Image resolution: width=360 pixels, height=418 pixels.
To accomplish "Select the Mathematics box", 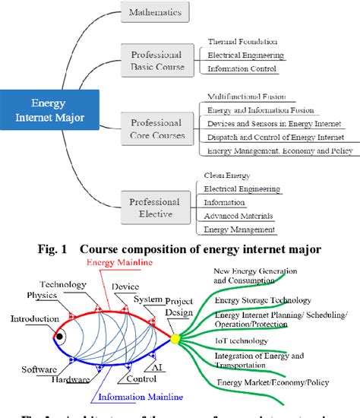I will point(155,13).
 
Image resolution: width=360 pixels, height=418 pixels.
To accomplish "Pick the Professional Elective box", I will point(154,207).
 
